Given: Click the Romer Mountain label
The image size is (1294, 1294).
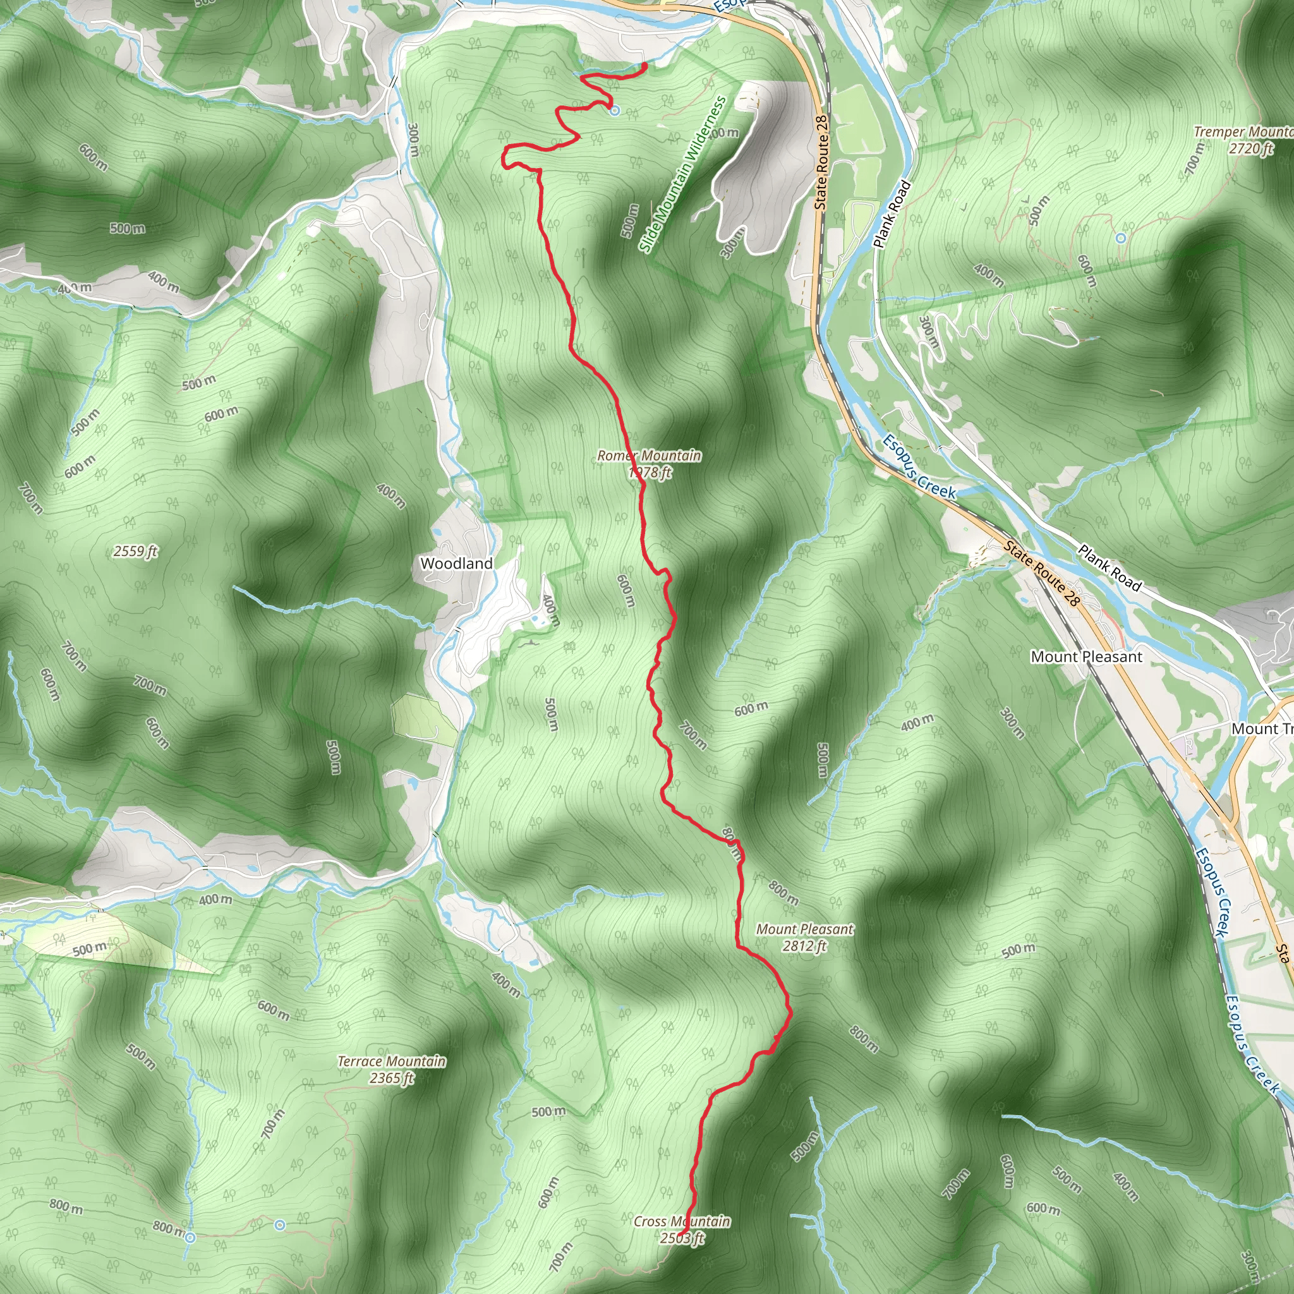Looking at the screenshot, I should click(649, 456).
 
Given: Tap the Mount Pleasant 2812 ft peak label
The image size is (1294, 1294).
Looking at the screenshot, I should click(804, 929).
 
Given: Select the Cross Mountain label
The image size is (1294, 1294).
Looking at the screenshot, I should click(682, 1221).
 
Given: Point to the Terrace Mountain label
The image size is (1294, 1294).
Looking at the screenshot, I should click(391, 1061).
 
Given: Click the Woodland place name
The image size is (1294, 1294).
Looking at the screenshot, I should click(456, 563).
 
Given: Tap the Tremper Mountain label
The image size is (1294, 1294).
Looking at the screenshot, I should click(1242, 132).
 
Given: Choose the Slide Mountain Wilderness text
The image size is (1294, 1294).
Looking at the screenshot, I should click(682, 174).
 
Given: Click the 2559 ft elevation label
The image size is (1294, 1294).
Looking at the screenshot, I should click(135, 551).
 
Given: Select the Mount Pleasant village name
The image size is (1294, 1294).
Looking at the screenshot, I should click(1085, 656).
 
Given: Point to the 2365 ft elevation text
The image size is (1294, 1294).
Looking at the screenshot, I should click(391, 1078).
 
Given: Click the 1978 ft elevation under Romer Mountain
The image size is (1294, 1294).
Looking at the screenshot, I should click(650, 473).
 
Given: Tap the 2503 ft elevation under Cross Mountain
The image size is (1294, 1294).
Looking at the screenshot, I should click(682, 1238).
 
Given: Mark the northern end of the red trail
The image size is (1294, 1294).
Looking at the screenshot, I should click(644, 64).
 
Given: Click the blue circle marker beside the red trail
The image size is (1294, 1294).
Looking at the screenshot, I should click(614, 111).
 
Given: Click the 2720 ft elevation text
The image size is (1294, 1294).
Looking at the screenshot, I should click(1250, 148).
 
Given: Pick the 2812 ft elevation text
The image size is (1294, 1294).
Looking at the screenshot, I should click(804, 946).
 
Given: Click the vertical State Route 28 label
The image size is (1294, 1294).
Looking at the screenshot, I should click(821, 162).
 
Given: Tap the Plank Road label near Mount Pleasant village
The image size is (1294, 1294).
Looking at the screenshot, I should click(1108, 568).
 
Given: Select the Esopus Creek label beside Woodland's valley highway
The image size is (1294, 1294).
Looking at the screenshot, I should click(918, 466).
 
